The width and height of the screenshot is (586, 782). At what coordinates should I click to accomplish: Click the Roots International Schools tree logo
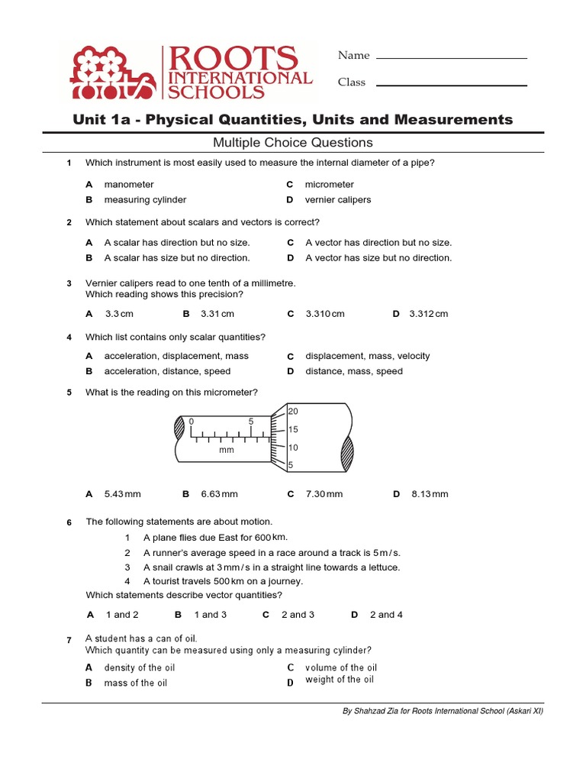111,73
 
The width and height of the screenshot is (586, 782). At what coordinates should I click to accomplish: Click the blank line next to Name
452,57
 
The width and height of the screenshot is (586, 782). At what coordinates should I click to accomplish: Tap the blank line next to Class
452,84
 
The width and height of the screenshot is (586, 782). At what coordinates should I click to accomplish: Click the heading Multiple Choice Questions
293,142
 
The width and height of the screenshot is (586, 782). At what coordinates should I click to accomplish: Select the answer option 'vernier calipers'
338,199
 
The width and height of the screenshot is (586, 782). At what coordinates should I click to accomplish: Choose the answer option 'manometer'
129,184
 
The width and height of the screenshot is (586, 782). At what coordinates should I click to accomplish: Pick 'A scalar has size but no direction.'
177,257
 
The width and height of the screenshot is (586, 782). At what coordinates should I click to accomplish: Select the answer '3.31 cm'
217,313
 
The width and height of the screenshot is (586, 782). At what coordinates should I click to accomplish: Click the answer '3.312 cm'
428,313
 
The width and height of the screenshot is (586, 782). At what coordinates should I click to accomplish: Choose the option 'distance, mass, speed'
354,371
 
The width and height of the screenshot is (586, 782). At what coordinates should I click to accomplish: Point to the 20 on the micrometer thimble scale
293,412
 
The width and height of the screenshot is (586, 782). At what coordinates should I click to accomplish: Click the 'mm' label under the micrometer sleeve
226,451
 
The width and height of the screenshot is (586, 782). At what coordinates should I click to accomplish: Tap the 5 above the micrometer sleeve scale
250,422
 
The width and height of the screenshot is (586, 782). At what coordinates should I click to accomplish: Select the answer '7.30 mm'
324,494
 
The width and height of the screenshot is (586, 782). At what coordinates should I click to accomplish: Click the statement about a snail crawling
271,567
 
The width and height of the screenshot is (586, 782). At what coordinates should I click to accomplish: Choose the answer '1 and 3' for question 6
210,614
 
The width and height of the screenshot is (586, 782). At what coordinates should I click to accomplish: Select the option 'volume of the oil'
341,667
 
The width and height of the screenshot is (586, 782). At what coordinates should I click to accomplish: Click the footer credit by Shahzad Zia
443,711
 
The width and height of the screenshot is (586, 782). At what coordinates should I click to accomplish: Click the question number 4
69,338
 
